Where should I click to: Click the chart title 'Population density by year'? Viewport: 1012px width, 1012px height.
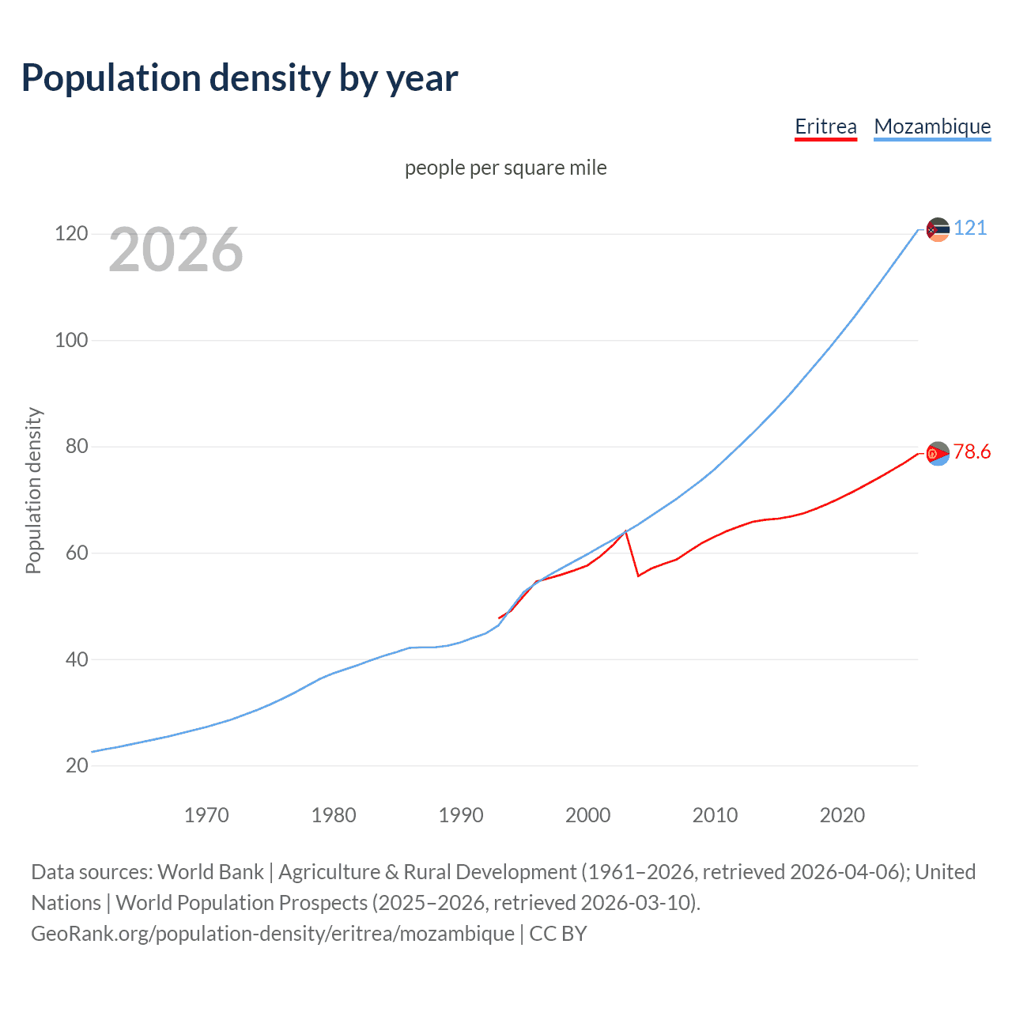240,78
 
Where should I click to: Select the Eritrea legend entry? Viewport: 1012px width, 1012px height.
825,126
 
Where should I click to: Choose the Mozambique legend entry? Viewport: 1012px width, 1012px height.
932,126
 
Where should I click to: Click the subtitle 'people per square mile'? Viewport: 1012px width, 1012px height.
506,168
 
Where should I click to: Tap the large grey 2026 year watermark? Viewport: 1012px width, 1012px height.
176,250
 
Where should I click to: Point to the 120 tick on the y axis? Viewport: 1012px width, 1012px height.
71,234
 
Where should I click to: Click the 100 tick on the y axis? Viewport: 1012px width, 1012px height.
71,341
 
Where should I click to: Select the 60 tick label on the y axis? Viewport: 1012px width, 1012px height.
77,553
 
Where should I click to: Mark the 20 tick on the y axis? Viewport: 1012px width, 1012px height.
77,765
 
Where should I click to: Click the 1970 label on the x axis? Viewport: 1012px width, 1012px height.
206,815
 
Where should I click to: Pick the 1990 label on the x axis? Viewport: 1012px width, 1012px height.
461,815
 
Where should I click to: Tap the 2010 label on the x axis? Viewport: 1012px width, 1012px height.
715,815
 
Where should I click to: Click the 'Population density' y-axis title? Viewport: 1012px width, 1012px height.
33,490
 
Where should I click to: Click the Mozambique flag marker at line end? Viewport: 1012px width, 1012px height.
938,230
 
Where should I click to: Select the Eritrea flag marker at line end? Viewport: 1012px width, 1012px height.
938,454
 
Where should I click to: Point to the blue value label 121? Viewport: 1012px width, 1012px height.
970,228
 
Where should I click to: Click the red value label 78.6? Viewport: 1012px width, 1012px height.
972,452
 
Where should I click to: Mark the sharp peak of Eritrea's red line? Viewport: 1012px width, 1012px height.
626,531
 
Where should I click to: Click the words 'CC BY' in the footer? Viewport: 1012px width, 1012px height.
558,934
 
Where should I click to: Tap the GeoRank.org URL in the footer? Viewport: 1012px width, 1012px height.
273,934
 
